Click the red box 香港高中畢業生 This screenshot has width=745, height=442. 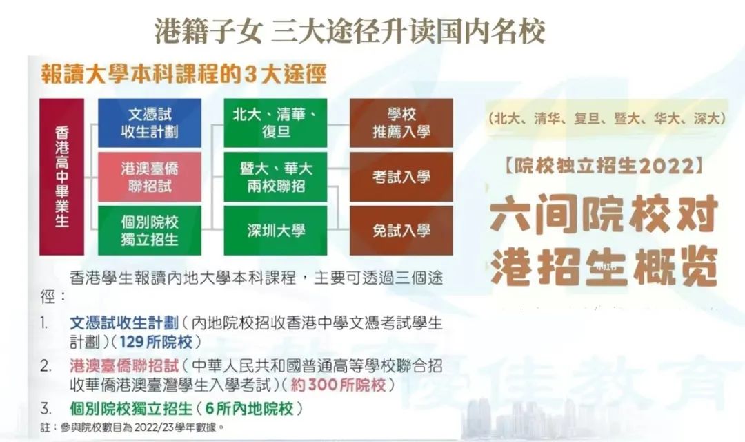(x=61, y=177)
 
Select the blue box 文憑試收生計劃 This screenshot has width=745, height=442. (x=150, y=123)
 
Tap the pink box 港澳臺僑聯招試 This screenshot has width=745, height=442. (x=150, y=177)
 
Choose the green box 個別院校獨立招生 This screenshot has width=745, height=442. (x=150, y=231)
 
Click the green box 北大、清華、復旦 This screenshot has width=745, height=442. (x=275, y=123)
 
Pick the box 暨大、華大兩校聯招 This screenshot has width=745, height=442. (x=275, y=177)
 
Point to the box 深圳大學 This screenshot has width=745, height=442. (x=275, y=231)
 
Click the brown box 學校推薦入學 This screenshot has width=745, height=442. (x=401, y=123)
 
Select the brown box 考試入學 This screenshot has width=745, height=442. (x=401, y=177)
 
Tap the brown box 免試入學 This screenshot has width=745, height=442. (x=401, y=231)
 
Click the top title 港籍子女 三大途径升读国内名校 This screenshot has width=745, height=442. (x=350, y=31)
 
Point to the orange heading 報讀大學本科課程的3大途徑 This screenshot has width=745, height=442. (x=183, y=74)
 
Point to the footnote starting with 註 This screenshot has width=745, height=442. (x=131, y=427)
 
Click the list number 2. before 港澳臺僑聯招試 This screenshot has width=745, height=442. (x=46, y=365)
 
